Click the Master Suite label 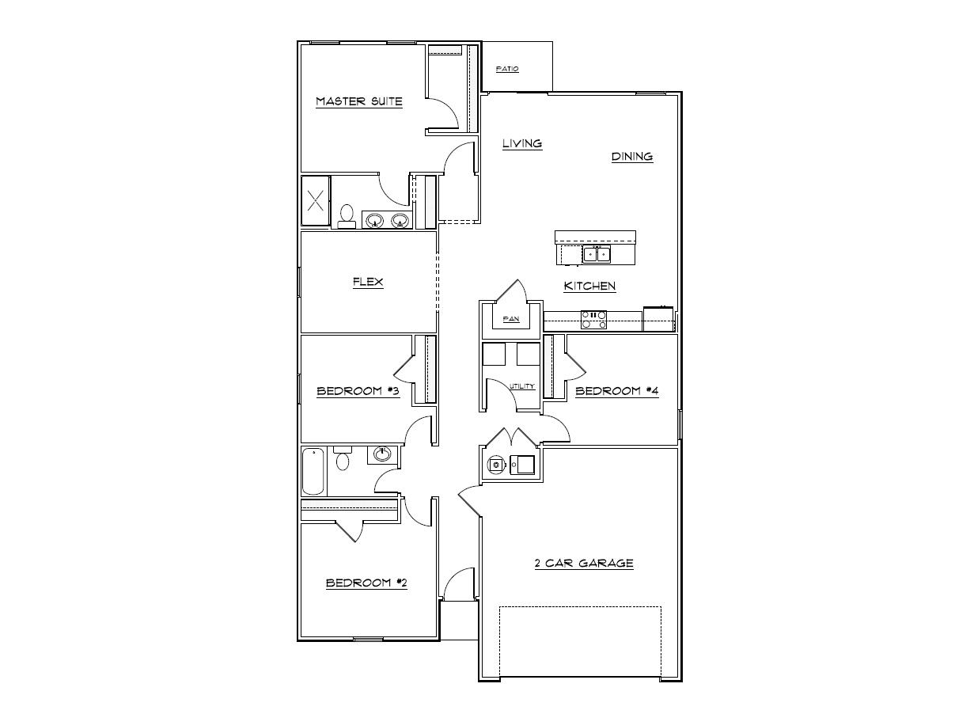[x=359, y=101]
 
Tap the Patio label [x=507, y=69]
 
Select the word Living [x=522, y=143]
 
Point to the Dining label [x=632, y=156]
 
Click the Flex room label [x=368, y=282]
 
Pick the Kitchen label [x=589, y=286]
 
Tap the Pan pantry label [x=510, y=320]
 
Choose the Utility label [x=522, y=386]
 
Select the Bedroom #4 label [x=616, y=390]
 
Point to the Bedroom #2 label [x=366, y=583]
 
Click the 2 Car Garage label [x=584, y=564]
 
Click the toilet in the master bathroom [x=347, y=216]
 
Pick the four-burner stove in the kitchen [x=594, y=319]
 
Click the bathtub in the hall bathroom [x=313, y=472]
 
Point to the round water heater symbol [x=496, y=465]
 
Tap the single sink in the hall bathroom [x=383, y=454]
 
